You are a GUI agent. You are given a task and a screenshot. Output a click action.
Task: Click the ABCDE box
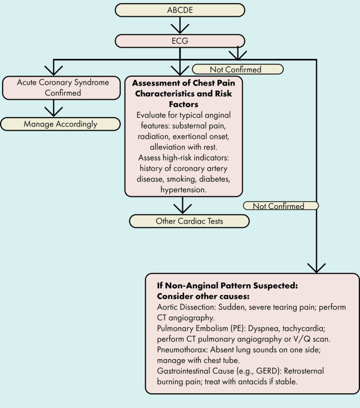[x=180, y=10]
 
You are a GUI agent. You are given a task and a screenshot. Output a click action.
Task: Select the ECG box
[x=180, y=41]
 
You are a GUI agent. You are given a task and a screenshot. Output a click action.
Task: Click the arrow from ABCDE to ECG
[x=180, y=25]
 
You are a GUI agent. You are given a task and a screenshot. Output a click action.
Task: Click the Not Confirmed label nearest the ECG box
[x=238, y=69]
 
